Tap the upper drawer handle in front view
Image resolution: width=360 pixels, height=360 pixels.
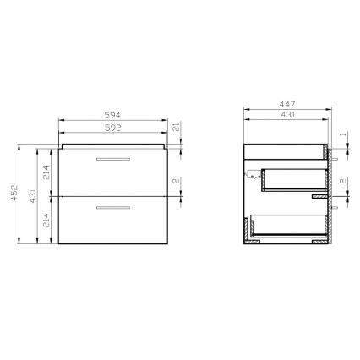pos(112,158)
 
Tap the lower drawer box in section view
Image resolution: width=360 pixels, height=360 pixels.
pos(287,226)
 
